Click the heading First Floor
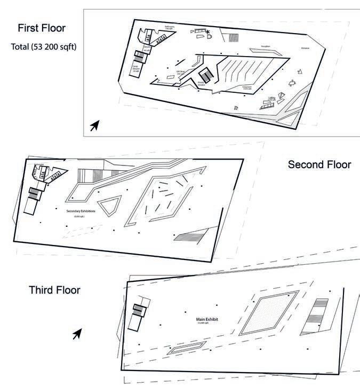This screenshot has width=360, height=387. [x=41, y=28]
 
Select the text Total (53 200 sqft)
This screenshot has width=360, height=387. [x=44, y=47]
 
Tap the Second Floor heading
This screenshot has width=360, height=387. [x=319, y=164]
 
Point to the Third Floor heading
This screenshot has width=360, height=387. [x=54, y=290]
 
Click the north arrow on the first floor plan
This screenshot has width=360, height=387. [x=94, y=125]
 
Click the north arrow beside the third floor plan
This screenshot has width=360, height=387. [x=77, y=334]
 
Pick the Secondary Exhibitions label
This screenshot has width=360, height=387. [x=82, y=211]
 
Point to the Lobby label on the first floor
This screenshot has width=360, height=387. [x=272, y=98]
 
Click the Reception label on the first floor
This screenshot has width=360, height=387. [x=265, y=47]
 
